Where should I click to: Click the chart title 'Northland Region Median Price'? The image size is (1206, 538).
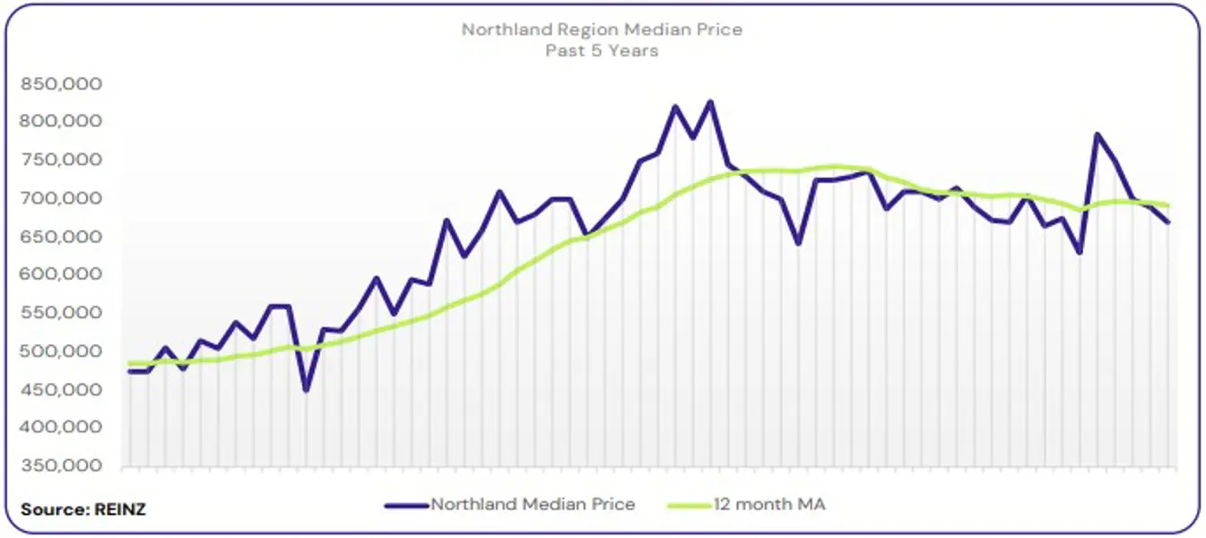[602, 30]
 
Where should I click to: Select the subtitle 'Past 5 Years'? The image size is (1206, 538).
[602, 51]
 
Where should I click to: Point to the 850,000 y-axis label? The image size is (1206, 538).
[63, 84]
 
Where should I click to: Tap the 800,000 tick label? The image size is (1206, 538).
[63, 122]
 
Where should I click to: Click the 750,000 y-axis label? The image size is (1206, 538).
[63, 161]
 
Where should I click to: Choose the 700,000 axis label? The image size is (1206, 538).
[63, 198]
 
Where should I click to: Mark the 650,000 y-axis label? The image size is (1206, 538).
[63, 237]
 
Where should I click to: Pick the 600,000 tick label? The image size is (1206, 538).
[63, 274]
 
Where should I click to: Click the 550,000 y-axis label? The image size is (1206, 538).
[63, 313]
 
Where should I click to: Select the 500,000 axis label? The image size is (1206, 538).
[63, 351]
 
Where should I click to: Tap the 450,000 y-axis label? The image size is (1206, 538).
[63, 389]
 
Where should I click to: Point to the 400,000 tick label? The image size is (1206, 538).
[63, 427]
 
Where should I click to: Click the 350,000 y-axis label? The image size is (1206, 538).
[63, 465]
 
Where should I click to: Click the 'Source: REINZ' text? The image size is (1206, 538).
[83, 509]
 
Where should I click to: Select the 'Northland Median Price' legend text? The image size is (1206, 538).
[533, 505]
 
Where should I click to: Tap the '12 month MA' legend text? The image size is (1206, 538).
[769, 505]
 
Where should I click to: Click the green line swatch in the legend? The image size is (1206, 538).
[689, 506]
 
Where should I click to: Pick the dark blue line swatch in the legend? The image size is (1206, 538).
[407, 506]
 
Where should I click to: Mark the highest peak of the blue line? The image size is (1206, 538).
[710, 101]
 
